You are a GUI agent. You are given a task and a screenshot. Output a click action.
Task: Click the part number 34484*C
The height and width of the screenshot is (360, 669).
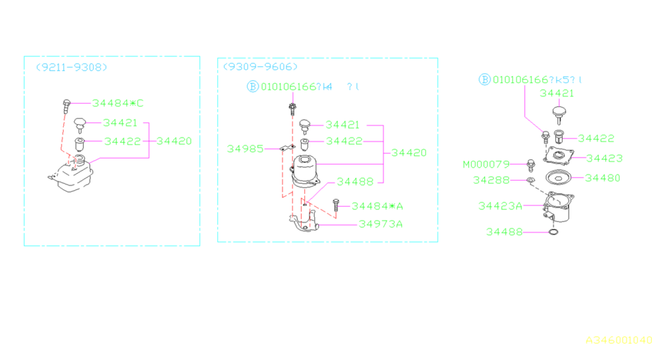[118, 103]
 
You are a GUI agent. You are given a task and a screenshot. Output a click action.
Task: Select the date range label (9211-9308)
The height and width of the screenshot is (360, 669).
[71, 67]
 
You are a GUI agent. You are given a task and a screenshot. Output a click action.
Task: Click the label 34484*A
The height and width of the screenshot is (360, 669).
[377, 206]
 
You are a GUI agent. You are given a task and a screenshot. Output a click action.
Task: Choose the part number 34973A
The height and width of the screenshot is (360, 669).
[380, 223]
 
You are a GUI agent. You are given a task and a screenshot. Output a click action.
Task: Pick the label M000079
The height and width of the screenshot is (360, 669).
[486, 164]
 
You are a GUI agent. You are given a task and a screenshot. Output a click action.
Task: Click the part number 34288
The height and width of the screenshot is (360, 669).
[491, 180]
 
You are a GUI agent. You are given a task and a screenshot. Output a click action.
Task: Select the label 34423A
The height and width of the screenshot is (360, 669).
[500, 206]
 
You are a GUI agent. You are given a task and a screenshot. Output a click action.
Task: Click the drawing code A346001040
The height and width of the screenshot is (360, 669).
[619, 340]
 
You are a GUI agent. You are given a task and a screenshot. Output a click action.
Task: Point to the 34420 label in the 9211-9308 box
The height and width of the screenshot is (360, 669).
[174, 141]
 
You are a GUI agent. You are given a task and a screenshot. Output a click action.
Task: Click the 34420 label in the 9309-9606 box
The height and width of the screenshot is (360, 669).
[409, 153]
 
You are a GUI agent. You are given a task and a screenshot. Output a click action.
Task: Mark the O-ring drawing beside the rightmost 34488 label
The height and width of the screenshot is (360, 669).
[553, 232]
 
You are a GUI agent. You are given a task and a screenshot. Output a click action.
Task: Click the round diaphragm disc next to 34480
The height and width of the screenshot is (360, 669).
[557, 178]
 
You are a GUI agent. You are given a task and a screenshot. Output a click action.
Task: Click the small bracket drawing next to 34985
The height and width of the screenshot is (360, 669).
[285, 149]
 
